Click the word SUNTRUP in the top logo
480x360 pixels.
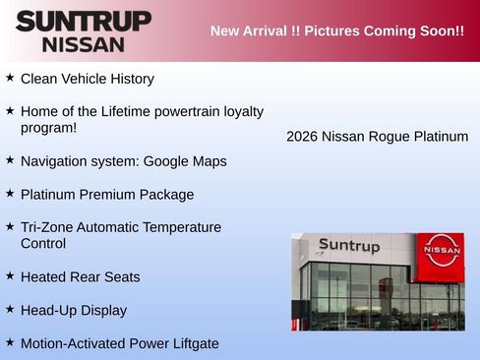coord(84,21)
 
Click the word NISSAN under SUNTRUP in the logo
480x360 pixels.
coord(84,44)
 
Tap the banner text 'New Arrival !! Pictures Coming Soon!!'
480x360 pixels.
coord(336,30)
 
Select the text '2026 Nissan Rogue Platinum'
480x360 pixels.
coord(377,137)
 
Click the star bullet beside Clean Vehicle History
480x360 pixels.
coord(10,77)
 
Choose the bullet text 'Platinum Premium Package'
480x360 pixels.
coord(107,195)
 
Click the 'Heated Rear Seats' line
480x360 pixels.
coord(80,277)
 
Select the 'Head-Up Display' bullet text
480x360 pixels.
coord(74,311)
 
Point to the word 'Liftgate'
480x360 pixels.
coord(192,343)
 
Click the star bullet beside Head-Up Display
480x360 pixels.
coord(10,309)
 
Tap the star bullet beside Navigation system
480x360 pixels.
coord(10,159)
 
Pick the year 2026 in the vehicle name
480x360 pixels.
coord(302,137)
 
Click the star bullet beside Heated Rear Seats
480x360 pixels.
coord(10,275)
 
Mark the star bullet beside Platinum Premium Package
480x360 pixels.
coord(10,193)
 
